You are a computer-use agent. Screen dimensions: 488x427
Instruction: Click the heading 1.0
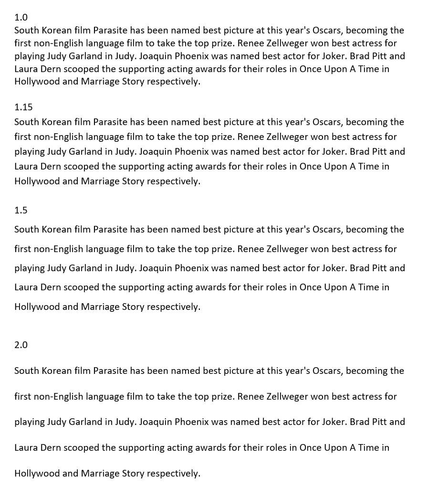click(x=21, y=18)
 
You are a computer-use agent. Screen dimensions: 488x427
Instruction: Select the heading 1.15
click(x=23, y=107)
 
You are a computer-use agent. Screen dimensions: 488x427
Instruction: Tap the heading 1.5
click(x=21, y=210)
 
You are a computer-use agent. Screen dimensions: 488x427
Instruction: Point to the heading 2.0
click(x=21, y=345)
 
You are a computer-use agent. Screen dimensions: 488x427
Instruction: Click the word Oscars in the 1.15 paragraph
click(x=327, y=122)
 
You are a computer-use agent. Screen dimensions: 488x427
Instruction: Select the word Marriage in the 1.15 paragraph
click(x=99, y=181)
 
